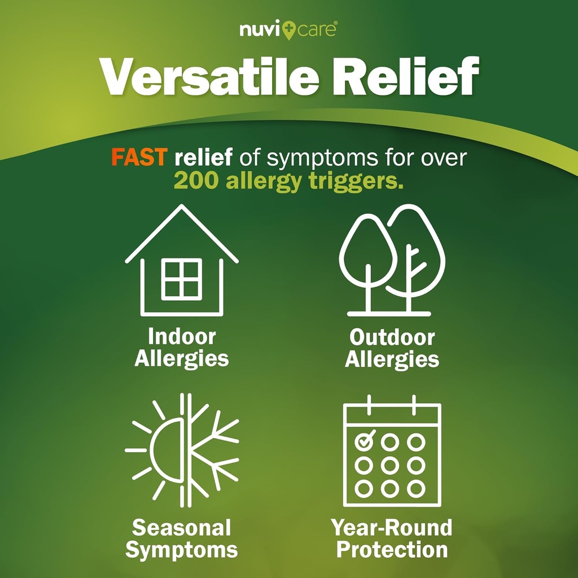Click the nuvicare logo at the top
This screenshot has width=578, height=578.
pyautogui.click(x=288, y=29)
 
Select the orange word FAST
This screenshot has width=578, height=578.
pyautogui.click(x=138, y=157)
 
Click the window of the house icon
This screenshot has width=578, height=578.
pyautogui.click(x=181, y=279)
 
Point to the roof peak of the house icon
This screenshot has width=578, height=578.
pyautogui.click(x=181, y=207)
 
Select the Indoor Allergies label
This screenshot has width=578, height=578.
pyautogui.click(x=181, y=348)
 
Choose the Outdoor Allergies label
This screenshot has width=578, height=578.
pyautogui.click(x=392, y=348)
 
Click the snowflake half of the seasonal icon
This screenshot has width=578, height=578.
pyautogui.click(x=212, y=450)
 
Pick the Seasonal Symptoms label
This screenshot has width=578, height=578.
pyautogui.click(x=181, y=538)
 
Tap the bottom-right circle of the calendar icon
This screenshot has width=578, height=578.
pyautogui.click(x=417, y=487)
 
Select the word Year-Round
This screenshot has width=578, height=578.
pyautogui.click(x=392, y=528)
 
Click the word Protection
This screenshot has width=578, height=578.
pyautogui.click(x=392, y=549)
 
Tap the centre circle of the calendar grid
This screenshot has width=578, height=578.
pyautogui.click(x=390, y=465)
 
